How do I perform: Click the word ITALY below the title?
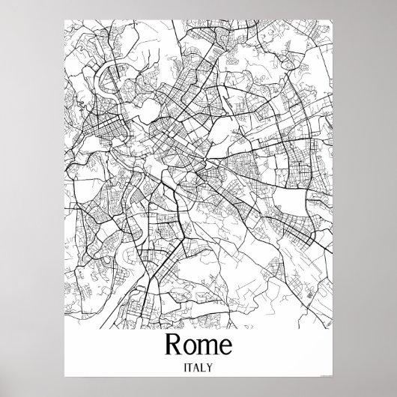(x=198, y=367)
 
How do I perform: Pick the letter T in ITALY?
(x=190, y=367)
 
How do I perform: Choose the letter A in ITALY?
(x=198, y=367)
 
